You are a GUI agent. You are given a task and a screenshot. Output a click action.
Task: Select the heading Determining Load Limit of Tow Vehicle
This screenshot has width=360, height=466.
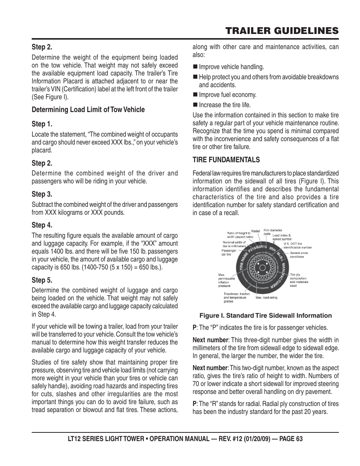point(88,110)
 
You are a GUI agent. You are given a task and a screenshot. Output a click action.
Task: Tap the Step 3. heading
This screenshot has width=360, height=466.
point(42,194)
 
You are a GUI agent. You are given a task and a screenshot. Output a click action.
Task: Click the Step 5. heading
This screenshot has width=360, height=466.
point(42,280)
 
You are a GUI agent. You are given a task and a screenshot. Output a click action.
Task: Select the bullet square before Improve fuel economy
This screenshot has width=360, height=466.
point(195,95)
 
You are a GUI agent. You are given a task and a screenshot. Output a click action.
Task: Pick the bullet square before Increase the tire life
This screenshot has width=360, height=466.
point(195,105)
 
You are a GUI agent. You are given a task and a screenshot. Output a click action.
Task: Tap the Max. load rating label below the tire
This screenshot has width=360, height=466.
point(266,298)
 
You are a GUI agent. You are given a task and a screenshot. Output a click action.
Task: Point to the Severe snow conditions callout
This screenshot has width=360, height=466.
point(299,255)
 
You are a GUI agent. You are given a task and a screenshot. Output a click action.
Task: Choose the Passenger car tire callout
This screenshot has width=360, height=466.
point(229,252)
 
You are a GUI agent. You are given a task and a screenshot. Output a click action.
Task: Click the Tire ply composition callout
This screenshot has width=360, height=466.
point(299,280)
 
